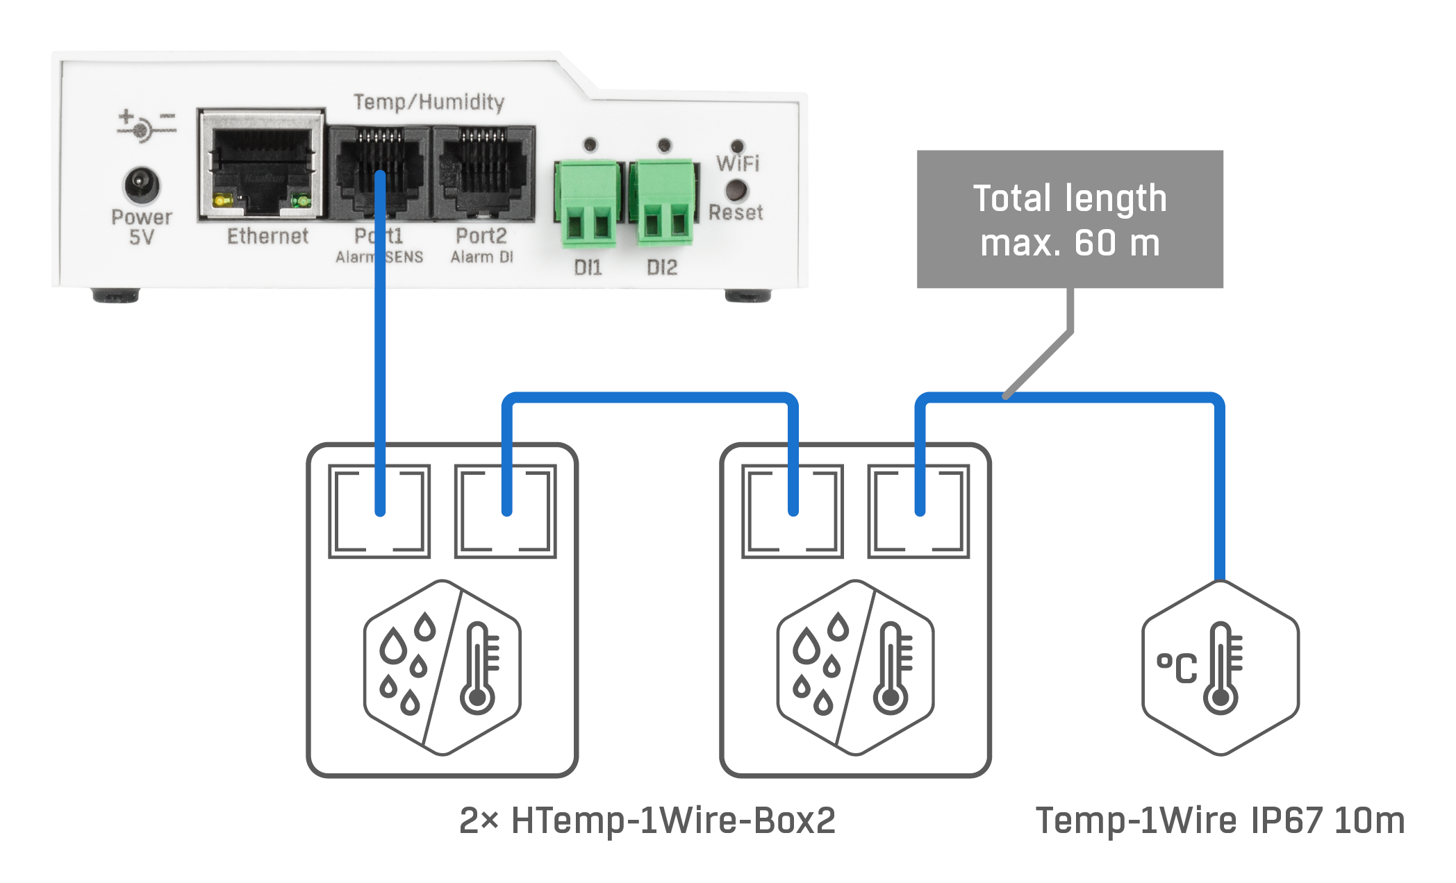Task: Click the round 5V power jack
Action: (x=142, y=185)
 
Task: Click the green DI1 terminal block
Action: (x=587, y=203)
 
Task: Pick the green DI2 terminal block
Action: (x=663, y=203)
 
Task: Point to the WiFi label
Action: (x=738, y=163)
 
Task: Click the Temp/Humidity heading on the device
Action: (x=429, y=102)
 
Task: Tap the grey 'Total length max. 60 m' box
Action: (x=1070, y=219)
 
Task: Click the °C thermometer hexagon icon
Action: (x=1221, y=668)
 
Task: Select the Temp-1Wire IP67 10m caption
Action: (x=1220, y=821)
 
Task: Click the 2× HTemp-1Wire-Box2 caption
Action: (x=647, y=821)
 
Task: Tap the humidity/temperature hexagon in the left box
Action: (x=442, y=668)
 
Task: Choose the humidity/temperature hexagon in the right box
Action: (x=856, y=668)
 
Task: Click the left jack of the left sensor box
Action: (x=379, y=512)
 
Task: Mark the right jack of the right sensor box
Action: (x=918, y=512)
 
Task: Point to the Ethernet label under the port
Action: (x=267, y=236)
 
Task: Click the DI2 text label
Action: (x=661, y=267)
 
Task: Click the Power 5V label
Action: (x=142, y=227)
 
